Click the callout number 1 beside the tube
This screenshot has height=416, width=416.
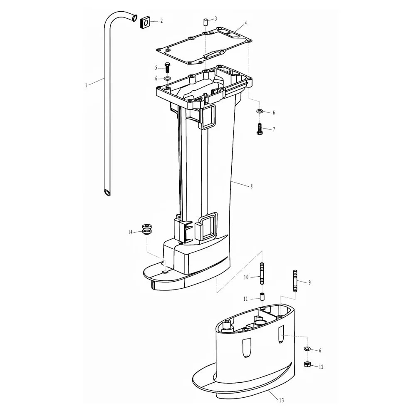[x=86, y=85]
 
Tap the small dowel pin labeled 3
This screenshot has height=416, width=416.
[x=206, y=22]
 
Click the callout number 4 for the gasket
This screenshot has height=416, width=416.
[x=246, y=23]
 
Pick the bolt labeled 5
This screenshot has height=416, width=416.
[x=167, y=68]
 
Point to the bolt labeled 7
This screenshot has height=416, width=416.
[x=260, y=129]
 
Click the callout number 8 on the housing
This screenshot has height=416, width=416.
[x=252, y=186]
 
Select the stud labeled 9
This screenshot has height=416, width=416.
[x=295, y=281]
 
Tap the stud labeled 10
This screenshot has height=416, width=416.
[x=262, y=273]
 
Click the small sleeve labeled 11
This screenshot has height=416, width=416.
[x=262, y=296]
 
